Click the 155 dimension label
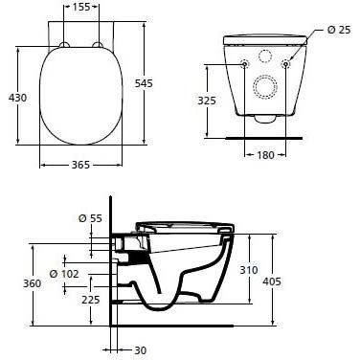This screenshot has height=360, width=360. point(81,7)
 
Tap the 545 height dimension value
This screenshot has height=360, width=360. point(144,83)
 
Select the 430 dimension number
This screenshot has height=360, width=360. point(17,98)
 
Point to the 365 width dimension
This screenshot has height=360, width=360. point(80,165)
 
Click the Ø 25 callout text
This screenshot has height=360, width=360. point(339,30)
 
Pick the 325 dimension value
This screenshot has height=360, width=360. point(207,101)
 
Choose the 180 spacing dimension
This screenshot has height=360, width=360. point(265,155)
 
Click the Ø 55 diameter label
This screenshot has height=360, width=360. point(90,218)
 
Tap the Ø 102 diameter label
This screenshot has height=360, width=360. point(64,274)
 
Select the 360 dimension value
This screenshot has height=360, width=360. point(32,283)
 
